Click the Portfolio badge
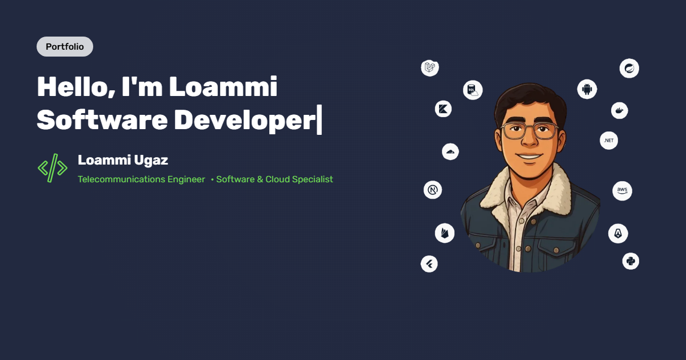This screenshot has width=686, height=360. coord(65,47)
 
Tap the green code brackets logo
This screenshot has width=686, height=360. coord(53,168)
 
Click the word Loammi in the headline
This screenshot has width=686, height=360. coord(224,87)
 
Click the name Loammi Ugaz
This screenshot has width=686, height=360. coord(123,161)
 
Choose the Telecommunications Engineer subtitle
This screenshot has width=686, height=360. coord(141,179)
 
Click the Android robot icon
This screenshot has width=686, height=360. coord(587,89)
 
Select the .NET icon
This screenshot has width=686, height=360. coord(609,140)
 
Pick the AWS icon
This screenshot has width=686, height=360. coord(622,191)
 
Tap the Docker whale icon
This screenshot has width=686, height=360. coord(620,110)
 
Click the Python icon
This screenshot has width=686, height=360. coord(631,261)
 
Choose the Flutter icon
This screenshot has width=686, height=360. coord(429,263)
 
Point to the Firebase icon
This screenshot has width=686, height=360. coord(444,233)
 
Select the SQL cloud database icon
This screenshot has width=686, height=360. coord(473,90)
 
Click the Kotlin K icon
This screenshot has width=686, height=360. coord(443,109)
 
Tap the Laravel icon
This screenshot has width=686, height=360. coord(430,68)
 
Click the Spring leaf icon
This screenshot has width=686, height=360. coord(629,69)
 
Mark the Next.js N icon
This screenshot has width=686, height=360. coord(433,190)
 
